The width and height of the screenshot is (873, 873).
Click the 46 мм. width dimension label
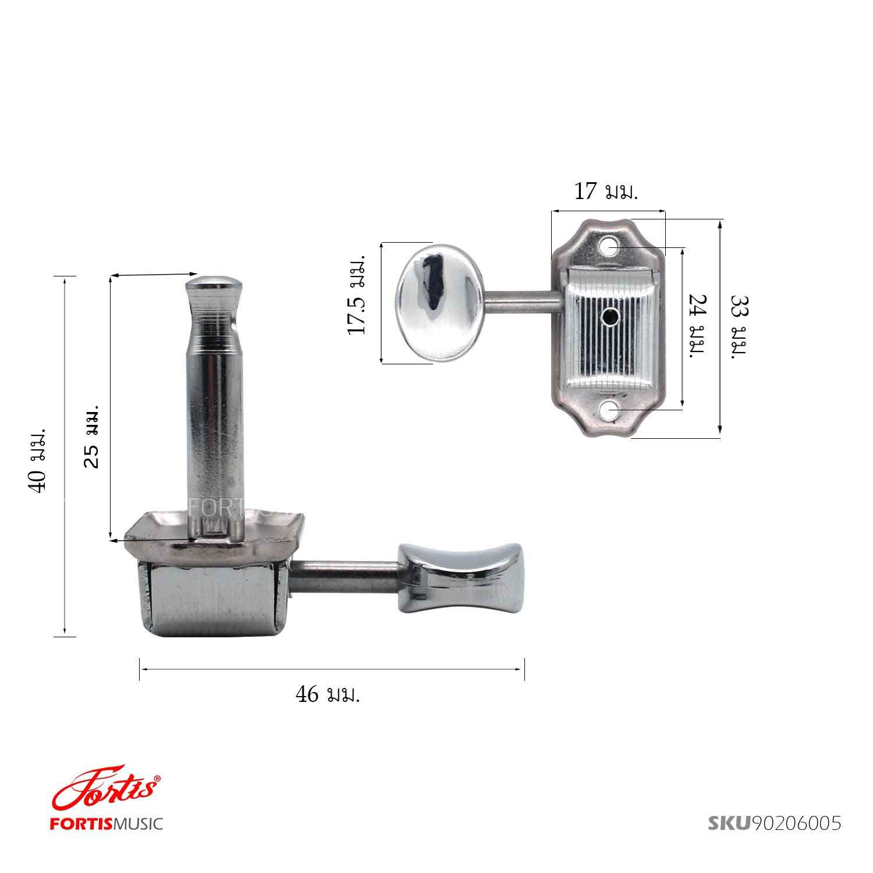[x=328, y=694]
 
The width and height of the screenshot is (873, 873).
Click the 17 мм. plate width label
[x=606, y=191]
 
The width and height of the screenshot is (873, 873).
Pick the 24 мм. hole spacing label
[x=697, y=327]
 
